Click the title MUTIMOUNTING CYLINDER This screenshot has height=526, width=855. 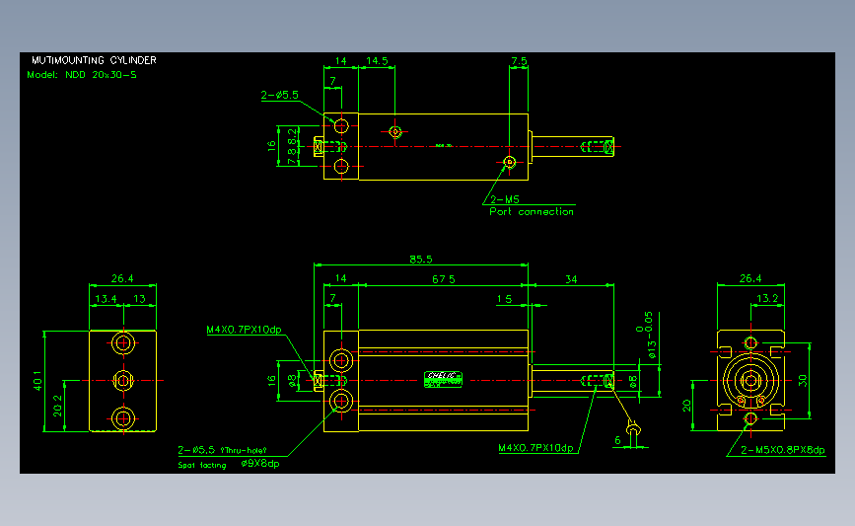[94, 60]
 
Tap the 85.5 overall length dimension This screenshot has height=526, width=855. [420, 260]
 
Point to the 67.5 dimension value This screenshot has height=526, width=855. [444, 279]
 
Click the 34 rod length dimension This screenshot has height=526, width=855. [571, 279]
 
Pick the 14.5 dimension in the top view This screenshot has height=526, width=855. [377, 61]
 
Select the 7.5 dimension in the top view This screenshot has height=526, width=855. [519, 61]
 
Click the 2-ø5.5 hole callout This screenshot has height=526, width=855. [280, 96]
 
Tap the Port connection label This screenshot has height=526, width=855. [532, 211]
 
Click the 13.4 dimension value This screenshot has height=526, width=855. [107, 299]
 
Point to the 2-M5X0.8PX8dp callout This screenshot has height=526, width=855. [782, 450]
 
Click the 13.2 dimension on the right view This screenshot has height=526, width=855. [768, 298]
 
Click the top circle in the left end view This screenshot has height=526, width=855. [123, 342]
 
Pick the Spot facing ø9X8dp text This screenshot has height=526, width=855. [229, 464]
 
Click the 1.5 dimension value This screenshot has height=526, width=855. [505, 298]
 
